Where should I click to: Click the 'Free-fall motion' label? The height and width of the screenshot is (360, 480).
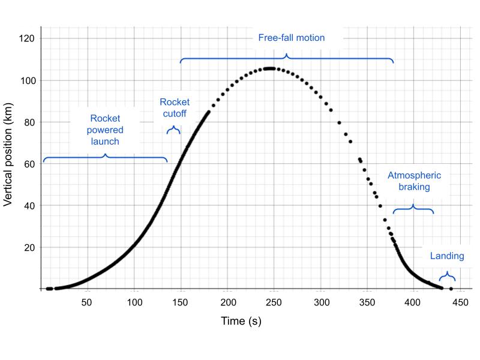tap(291, 38)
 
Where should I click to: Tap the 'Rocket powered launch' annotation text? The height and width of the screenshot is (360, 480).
tap(106, 130)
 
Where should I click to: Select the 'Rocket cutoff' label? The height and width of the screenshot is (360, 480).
tap(175, 107)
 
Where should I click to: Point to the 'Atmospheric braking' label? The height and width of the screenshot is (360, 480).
tap(414, 181)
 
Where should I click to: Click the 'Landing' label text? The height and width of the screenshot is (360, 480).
tap(447, 256)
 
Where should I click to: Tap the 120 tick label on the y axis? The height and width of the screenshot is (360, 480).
tap(27, 38)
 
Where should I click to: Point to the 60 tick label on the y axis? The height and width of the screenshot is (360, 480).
tap(29, 164)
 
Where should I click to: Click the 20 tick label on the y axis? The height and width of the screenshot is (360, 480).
tap(29, 247)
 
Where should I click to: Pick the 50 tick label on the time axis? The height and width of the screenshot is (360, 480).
tap(87, 302)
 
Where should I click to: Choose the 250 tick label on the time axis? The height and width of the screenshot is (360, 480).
tap(274, 302)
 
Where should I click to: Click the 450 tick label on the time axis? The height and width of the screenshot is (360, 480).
tap(460, 302)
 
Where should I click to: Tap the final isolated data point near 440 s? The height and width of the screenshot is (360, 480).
tap(451, 289)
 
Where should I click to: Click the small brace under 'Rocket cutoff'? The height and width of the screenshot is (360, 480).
tap(173, 129)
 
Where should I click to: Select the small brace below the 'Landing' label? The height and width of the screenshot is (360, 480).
tap(447, 277)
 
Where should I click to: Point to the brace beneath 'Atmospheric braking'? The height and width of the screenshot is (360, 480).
tap(413, 209)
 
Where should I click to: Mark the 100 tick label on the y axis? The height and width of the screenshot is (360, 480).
tap(27, 80)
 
